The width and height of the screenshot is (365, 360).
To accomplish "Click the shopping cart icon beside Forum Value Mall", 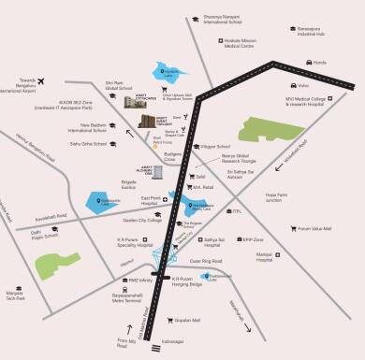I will click(x=288, y=228).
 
